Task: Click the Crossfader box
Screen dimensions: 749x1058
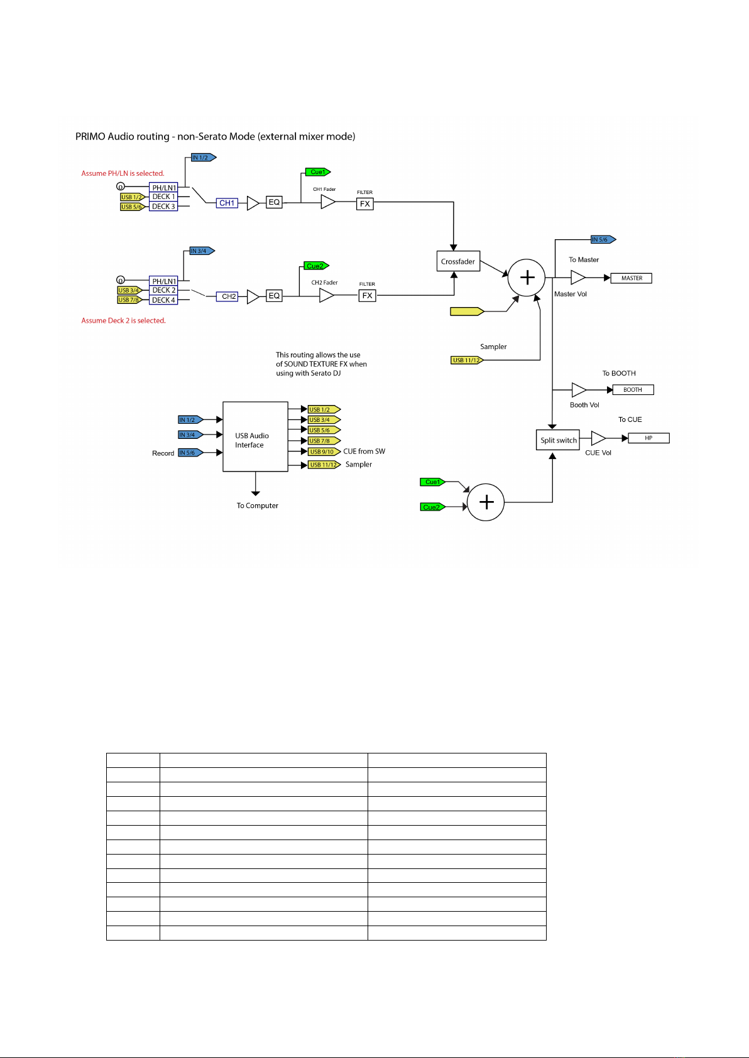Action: coord(458,261)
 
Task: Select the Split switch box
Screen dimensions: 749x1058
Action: coord(557,440)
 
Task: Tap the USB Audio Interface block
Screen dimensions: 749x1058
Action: coord(255,436)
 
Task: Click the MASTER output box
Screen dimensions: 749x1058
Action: coord(631,278)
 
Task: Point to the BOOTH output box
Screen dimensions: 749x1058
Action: coord(633,390)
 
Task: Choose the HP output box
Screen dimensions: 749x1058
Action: coord(648,438)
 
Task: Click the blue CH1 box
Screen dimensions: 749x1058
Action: coord(227,203)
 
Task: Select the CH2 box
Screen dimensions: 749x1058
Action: coord(227,296)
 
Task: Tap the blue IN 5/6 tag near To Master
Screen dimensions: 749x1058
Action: coord(603,239)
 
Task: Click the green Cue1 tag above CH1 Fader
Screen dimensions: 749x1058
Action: coord(317,172)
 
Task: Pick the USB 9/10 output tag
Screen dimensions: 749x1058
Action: coord(324,451)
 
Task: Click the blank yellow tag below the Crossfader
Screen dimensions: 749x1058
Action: coord(467,311)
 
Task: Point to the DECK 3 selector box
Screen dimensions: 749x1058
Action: coord(163,207)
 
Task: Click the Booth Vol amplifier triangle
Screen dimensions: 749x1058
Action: coord(579,390)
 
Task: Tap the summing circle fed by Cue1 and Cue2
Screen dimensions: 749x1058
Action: coord(486,502)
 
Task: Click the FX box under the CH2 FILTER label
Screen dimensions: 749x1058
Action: coord(367,296)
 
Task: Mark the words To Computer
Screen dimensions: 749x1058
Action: coord(257,505)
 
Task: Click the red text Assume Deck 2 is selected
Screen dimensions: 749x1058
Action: coord(123,320)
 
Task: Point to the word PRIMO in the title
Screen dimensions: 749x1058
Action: coord(90,136)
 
